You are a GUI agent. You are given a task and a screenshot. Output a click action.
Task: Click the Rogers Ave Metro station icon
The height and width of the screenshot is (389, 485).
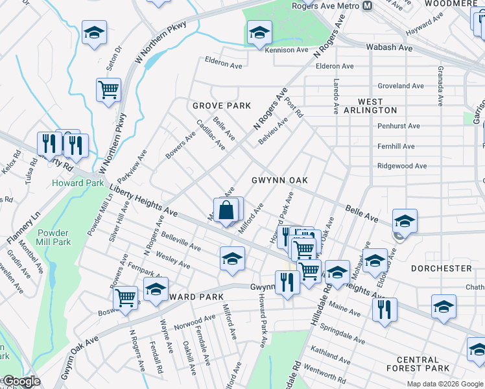click(367, 6)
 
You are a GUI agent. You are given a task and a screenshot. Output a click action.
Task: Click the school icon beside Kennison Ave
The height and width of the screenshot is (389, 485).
click(259, 33)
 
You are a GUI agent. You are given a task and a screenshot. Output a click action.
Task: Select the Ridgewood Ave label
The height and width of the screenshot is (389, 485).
click(402, 166)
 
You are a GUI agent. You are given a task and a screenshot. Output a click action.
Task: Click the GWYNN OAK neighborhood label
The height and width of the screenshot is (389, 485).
click(279, 180)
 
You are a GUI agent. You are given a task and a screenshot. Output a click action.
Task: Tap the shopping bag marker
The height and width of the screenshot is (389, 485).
click(226, 211)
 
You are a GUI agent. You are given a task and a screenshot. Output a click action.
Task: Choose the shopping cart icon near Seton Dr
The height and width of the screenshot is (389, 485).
click(108, 89)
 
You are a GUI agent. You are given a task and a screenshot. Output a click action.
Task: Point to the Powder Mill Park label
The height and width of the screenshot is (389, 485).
click(53, 237)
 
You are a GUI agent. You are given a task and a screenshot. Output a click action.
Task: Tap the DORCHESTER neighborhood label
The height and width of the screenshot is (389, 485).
click(442, 268)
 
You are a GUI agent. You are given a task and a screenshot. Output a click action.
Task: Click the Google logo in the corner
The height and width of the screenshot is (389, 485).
click(21, 381)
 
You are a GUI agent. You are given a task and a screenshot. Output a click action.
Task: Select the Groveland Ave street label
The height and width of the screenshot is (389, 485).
click(401, 86)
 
